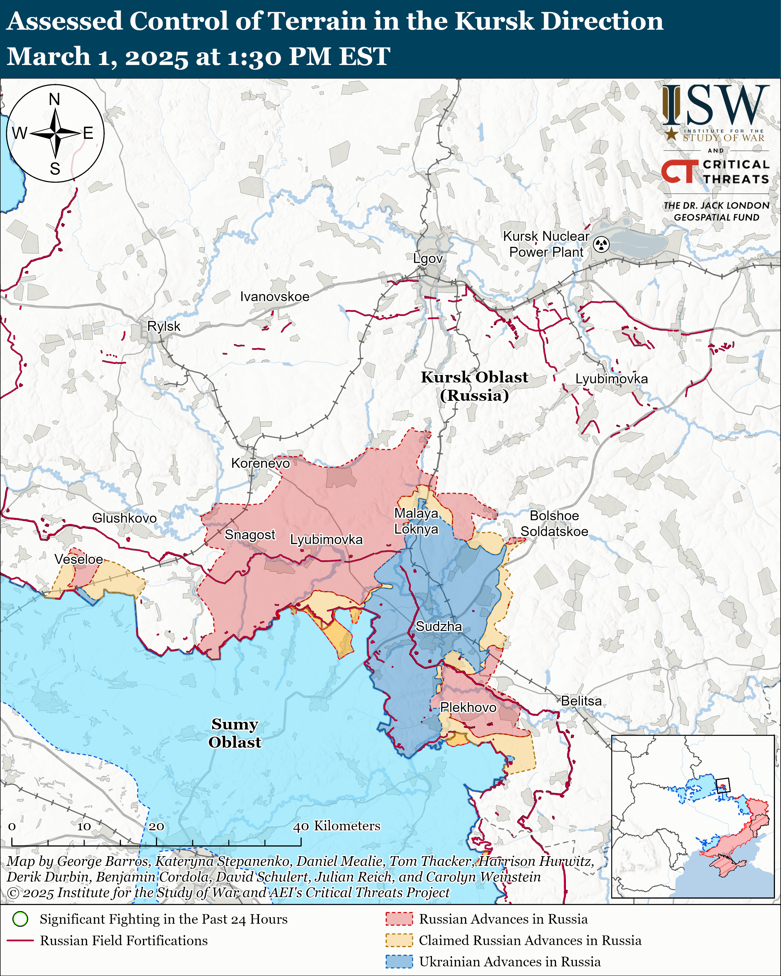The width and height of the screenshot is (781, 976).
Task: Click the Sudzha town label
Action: pyautogui.click(x=439, y=626)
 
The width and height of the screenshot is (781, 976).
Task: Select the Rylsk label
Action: pyautogui.click(x=164, y=326)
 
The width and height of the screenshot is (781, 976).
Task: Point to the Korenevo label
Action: pyautogui.click(x=260, y=463)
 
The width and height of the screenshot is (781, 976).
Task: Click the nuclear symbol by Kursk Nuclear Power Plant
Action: pyautogui.click(x=601, y=244)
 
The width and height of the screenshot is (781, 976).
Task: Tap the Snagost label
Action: pyautogui.click(x=250, y=535)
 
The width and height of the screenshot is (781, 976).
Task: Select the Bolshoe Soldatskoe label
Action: pyautogui.click(x=554, y=523)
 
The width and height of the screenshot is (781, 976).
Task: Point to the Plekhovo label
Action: pyautogui.click(x=468, y=707)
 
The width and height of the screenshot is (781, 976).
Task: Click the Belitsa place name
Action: pyautogui.click(x=581, y=701)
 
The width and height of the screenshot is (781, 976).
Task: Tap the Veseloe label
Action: pyautogui.click(x=79, y=559)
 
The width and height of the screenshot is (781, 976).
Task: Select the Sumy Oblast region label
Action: pyautogui.click(x=234, y=733)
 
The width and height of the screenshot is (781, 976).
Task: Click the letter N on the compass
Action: pyautogui.click(x=54, y=99)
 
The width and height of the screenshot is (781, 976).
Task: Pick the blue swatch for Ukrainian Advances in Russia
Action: pyautogui.click(x=399, y=961)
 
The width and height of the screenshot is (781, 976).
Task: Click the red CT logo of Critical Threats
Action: pyautogui.click(x=679, y=172)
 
